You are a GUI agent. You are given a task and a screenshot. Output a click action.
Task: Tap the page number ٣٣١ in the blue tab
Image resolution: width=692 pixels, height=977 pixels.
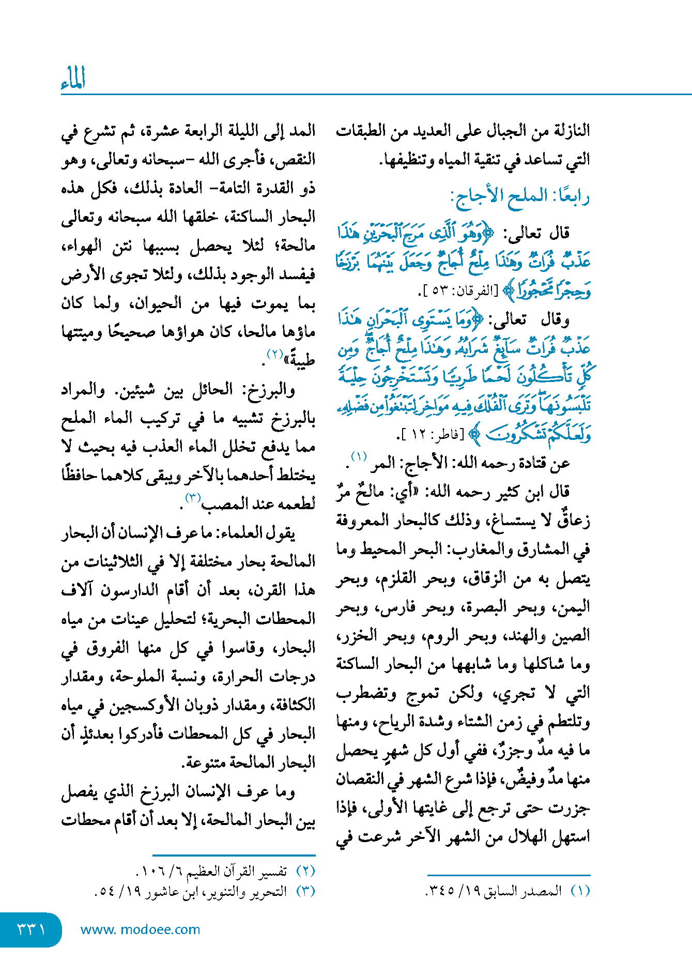pyautogui.click(x=30, y=929)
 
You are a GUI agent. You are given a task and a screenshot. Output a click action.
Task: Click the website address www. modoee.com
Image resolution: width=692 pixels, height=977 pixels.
pyautogui.click(x=140, y=929)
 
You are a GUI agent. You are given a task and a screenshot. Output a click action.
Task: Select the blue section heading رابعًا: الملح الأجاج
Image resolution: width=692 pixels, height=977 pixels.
pyautogui.click(x=520, y=196)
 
